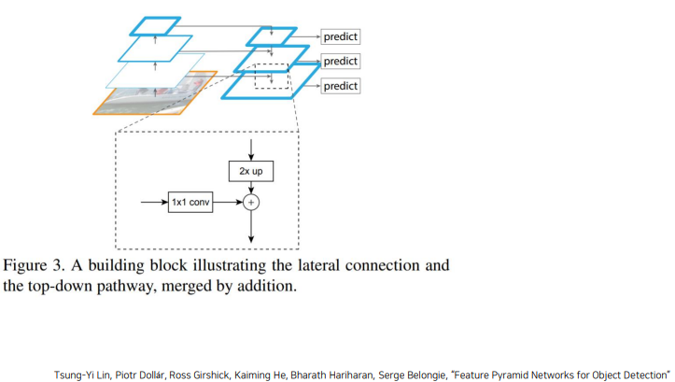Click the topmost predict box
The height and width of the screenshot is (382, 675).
[x=340, y=36]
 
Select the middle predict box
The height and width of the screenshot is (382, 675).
[x=340, y=61]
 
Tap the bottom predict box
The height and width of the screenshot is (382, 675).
[x=340, y=86]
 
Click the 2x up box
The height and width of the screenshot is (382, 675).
[x=251, y=171]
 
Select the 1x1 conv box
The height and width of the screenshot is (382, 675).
[x=190, y=202]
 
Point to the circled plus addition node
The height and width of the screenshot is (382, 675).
[x=251, y=202]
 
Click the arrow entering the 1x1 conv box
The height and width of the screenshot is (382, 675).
[x=155, y=202]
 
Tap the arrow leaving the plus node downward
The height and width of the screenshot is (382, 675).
[x=251, y=227]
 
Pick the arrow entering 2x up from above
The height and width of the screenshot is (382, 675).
[x=251, y=149]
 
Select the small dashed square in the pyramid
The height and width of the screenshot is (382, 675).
[x=255, y=77]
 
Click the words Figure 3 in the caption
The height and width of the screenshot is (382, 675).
[x=34, y=265]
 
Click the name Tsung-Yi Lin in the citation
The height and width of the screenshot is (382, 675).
[x=82, y=375]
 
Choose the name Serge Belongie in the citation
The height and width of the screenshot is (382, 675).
[x=412, y=375]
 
